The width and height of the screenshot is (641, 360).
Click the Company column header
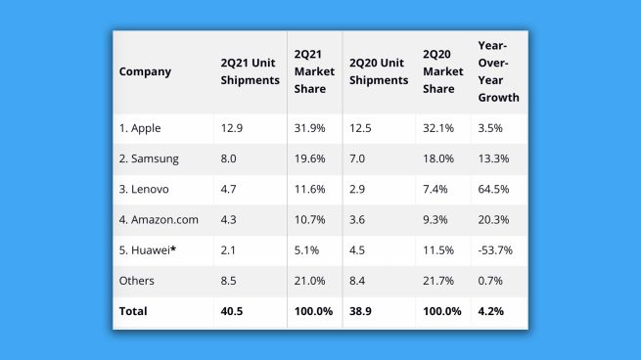click(145, 71)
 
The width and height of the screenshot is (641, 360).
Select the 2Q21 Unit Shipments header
click(250, 71)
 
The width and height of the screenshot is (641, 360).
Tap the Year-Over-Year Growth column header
click(497, 71)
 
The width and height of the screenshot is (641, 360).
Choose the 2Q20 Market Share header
click(442, 71)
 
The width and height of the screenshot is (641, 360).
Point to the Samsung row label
click(152, 158)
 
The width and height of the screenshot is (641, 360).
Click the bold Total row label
click(134, 312)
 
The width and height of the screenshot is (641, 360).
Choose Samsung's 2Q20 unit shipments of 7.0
click(359, 158)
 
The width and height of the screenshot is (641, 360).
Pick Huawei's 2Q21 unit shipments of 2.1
click(229, 251)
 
